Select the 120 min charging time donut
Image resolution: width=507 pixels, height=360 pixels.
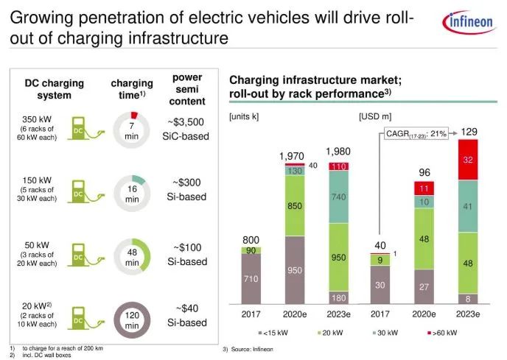(x=132, y=318)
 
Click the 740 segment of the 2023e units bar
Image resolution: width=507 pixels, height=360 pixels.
(x=338, y=197)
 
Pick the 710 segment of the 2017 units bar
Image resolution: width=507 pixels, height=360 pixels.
(x=251, y=279)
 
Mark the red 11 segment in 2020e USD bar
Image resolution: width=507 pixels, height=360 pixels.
(x=424, y=188)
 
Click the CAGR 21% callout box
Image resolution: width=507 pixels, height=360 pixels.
(x=416, y=133)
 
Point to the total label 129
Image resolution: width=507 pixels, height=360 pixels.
(x=469, y=132)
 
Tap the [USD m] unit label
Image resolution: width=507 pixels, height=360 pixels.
(x=374, y=116)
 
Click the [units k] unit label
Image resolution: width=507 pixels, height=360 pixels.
(x=245, y=116)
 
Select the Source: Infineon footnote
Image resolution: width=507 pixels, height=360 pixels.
(x=248, y=349)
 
